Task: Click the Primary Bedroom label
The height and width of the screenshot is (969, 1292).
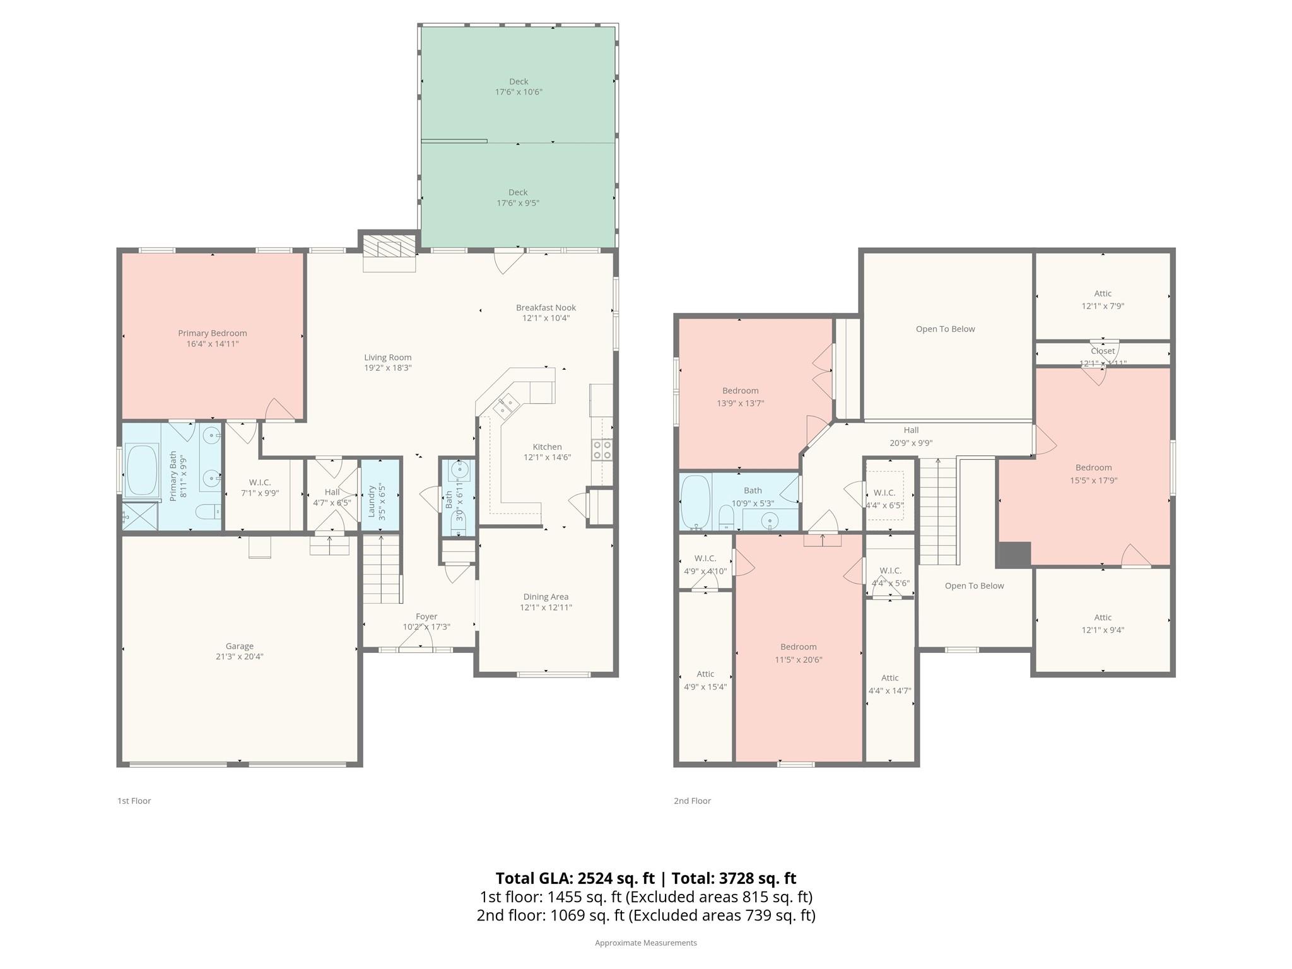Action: (x=212, y=333)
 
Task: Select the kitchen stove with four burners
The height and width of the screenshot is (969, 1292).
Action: (x=602, y=449)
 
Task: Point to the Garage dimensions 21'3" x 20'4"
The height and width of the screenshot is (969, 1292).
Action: (x=239, y=656)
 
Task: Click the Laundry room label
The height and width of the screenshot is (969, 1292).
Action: (x=372, y=501)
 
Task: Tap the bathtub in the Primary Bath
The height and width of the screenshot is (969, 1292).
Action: (x=142, y=471)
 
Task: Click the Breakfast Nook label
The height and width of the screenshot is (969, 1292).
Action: (x=546, y=307)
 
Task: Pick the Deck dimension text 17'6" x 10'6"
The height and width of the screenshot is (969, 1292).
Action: (x=519, y=92)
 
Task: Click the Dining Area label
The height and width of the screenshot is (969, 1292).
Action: (x=546, y=597)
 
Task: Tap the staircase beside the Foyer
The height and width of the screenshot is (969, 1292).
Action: (x=381, y=569)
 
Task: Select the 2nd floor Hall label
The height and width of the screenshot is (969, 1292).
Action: (x=911, y=430)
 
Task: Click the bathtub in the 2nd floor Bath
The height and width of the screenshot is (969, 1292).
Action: (x=695, y=502)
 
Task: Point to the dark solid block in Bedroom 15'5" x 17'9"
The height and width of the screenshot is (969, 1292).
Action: (x=1014, y=554)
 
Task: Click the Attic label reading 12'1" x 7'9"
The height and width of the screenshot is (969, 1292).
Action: (x=1103, y=293)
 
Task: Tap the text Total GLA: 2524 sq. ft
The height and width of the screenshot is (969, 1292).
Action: (x=575, y=878)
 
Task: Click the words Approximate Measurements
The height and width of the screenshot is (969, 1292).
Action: (x=645, y=943)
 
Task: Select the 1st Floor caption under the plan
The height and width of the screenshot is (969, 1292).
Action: (x=134, y=801)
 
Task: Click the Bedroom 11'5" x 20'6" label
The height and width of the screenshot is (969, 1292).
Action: (x=799, y=647)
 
